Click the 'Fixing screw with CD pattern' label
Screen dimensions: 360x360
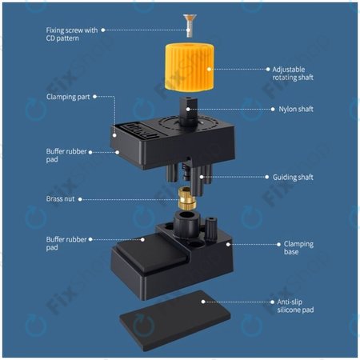coord(72,34)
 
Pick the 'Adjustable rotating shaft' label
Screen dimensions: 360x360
coord(294,74)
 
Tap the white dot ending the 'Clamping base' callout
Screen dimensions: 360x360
coord(230,243)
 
